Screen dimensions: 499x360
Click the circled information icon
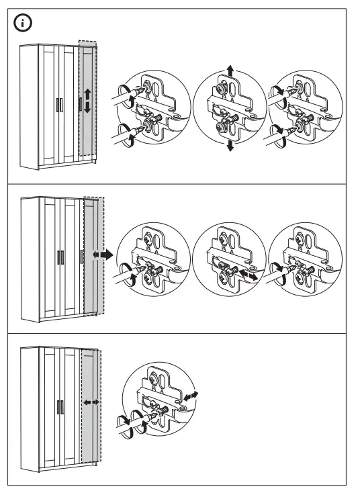24,24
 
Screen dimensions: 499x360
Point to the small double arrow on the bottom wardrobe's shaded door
91,401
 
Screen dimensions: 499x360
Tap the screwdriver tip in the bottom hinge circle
156,422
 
